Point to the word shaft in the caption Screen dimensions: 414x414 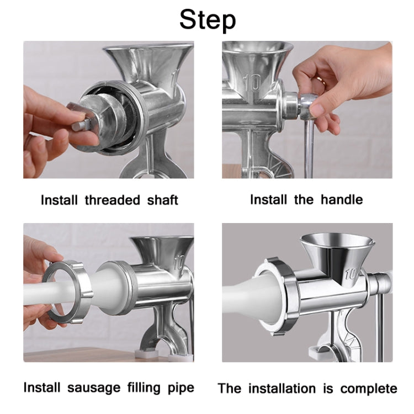(162, 200)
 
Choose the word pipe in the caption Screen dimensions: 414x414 (181, 388)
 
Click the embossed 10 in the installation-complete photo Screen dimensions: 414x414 (352, 273)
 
